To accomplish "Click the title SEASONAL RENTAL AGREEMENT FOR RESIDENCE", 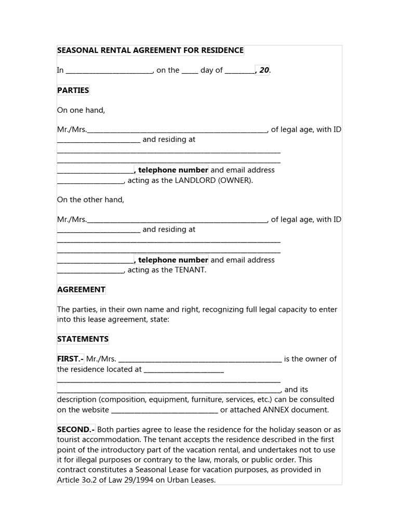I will click(150, 50).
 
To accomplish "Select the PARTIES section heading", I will click(73, 90).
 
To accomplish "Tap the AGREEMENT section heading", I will click(81, 289).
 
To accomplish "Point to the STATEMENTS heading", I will click(83, 339).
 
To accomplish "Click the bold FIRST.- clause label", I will click(70, 359).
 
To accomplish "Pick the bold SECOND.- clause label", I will click(76, 430).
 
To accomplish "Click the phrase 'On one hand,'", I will click(81, 110).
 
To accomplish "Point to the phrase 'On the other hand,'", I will click(90, 200).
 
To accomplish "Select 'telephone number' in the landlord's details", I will click(172, 170).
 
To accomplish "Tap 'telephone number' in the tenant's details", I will click(172, 260).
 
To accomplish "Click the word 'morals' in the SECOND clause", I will click(204, 460).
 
